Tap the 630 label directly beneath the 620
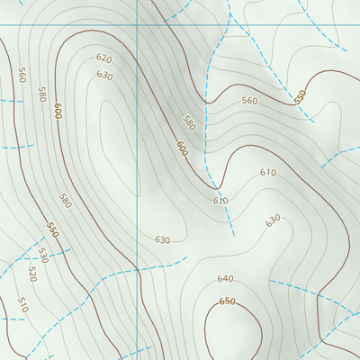(104, 76)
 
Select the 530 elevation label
(41, 256)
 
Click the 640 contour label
(225, 279)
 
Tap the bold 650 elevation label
(227, 301)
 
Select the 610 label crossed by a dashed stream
(220, 200)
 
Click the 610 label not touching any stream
(267, 172)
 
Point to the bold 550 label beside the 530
(52, 230)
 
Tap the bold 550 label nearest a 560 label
(301, 95)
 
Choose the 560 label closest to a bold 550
(249, 101)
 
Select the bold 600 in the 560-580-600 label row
(58, 111)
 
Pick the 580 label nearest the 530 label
(65, 200)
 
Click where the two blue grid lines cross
(137, 24)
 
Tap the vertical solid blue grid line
(137, 180)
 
